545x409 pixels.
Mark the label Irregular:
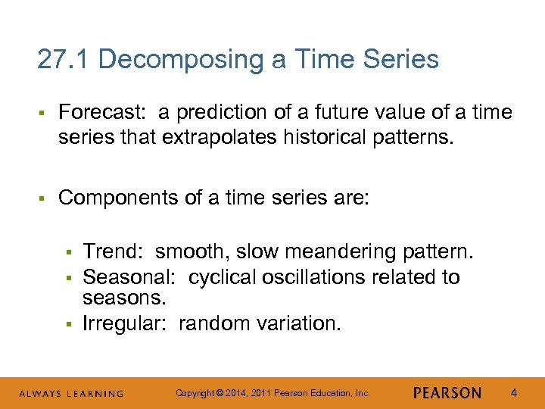(126, 323)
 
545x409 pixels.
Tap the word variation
(298, 323)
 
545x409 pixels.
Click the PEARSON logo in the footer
(447, 393)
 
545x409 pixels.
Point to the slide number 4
(514, 393)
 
